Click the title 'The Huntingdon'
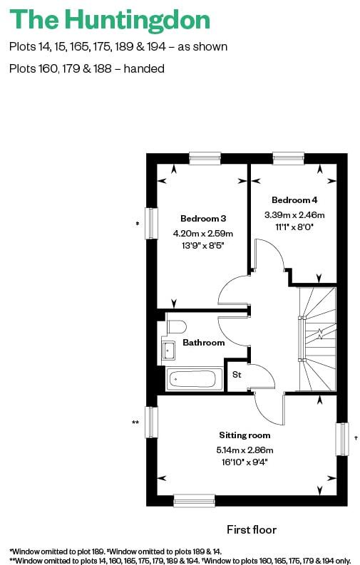tap(110, 20)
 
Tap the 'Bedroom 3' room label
tap(203, 218)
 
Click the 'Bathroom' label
tap(203, 343)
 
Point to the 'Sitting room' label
tap(245, 435)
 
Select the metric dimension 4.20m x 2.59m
tap(203, 233)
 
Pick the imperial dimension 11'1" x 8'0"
tap(294, 228)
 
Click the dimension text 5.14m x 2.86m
tap(245, 450)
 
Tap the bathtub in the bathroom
tap(195, 379)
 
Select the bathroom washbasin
tap(169, 351)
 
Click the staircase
tap(317, 338)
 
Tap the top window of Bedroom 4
tap(288, 157)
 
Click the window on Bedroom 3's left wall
tap(150, 223)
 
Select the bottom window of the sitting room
tap(195, 501)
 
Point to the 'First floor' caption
tap(251, 529)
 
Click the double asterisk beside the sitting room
tap(135, 423)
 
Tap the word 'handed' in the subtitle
tap(145, 69)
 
